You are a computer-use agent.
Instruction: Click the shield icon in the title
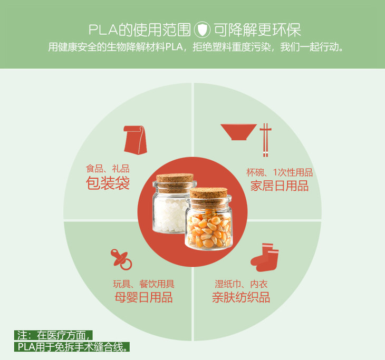(x=203, y=28)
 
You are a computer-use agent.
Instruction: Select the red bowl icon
(x=238, y=132)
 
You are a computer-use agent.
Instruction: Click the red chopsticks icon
(x=266, y=140)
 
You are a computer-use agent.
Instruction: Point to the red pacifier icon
(x=121, y=258)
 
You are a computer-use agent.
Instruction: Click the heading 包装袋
(x=108, y=183)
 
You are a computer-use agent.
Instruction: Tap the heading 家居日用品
(x=279, y=186)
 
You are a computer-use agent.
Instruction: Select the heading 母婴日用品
(x=143, y=297)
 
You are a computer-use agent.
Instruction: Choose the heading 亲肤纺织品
(x=241, y=297)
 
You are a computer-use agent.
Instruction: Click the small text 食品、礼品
(x=108, y=169)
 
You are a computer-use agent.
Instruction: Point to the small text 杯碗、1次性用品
(x=279, y=172)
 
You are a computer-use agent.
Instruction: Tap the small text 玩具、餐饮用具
(x=143, y=284)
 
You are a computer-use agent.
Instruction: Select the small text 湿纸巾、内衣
(x=241, y=284)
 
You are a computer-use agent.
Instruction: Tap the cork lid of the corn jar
(x=208, y=193)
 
